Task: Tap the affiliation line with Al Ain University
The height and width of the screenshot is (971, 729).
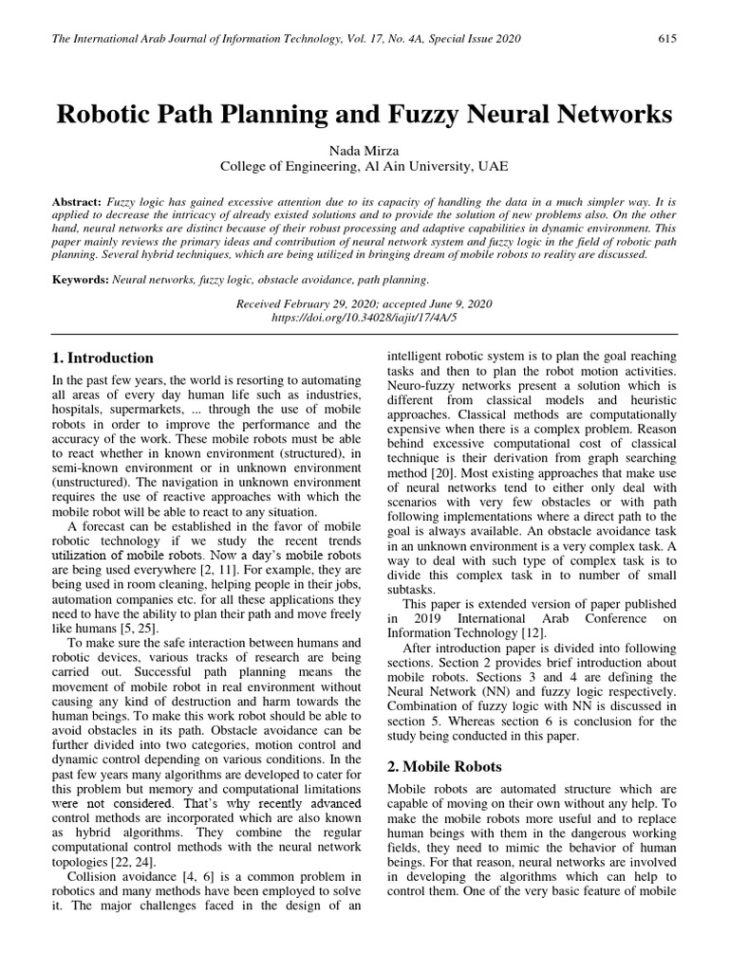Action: click(364, 166)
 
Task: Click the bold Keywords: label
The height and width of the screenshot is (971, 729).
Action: click(81, 280)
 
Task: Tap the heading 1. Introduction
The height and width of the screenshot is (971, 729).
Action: click(103, 358)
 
